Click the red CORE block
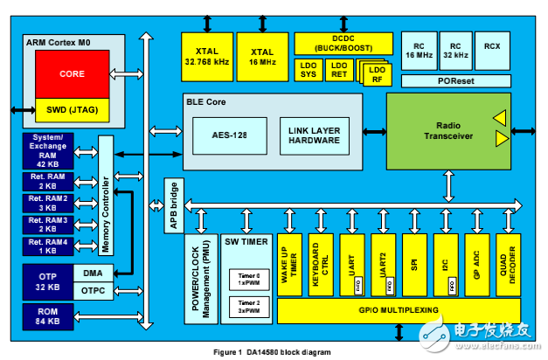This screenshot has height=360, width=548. (72, 74)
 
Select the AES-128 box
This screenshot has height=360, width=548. (230, 135)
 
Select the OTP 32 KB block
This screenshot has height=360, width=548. (46, 281)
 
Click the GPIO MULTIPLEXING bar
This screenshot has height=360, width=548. (399, 310)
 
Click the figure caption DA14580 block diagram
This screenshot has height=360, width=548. (273, 351)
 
